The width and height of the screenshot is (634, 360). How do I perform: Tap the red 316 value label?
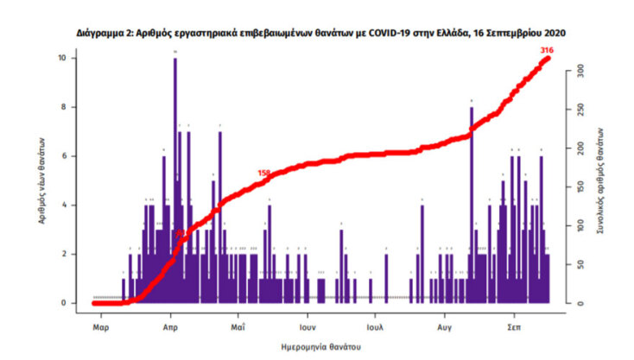546,51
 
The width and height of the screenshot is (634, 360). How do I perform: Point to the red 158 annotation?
264,173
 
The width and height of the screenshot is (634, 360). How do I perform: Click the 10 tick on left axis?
74,58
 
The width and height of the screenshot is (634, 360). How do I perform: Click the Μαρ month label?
100,328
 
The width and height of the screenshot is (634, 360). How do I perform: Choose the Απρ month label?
169,328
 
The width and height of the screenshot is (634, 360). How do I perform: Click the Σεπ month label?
513,328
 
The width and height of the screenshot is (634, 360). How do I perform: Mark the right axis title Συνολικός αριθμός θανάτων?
600,180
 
